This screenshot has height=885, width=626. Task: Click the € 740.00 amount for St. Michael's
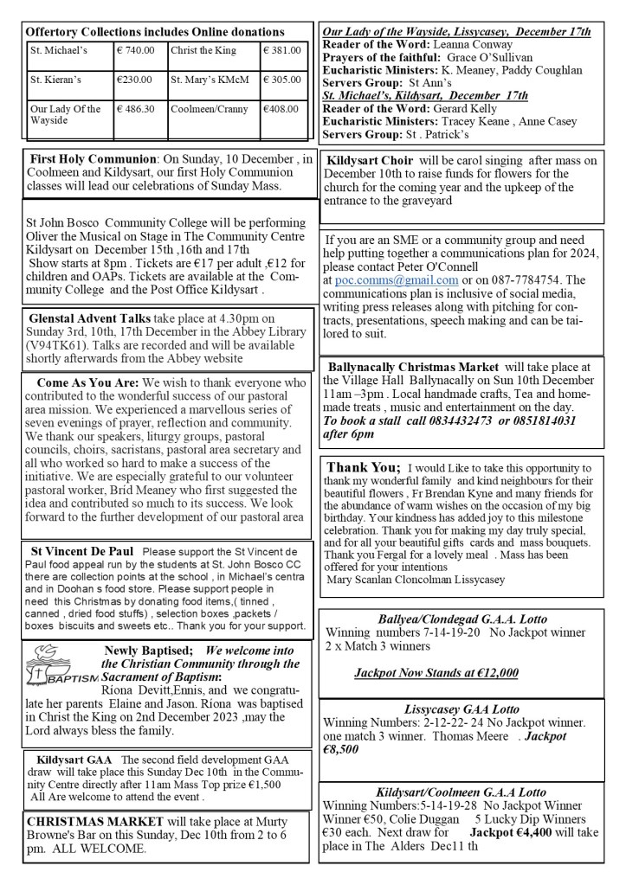[x=136, y=50]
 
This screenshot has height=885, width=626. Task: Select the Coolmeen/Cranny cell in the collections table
[x=203, y=109]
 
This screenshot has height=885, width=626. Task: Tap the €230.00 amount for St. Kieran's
[x=135, y=80]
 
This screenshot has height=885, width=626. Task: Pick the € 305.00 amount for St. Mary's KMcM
[x=282, y=80]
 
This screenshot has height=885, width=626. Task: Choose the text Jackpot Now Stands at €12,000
[x=436, y=672]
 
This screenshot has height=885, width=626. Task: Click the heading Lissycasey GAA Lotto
[x=461, y=708]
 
